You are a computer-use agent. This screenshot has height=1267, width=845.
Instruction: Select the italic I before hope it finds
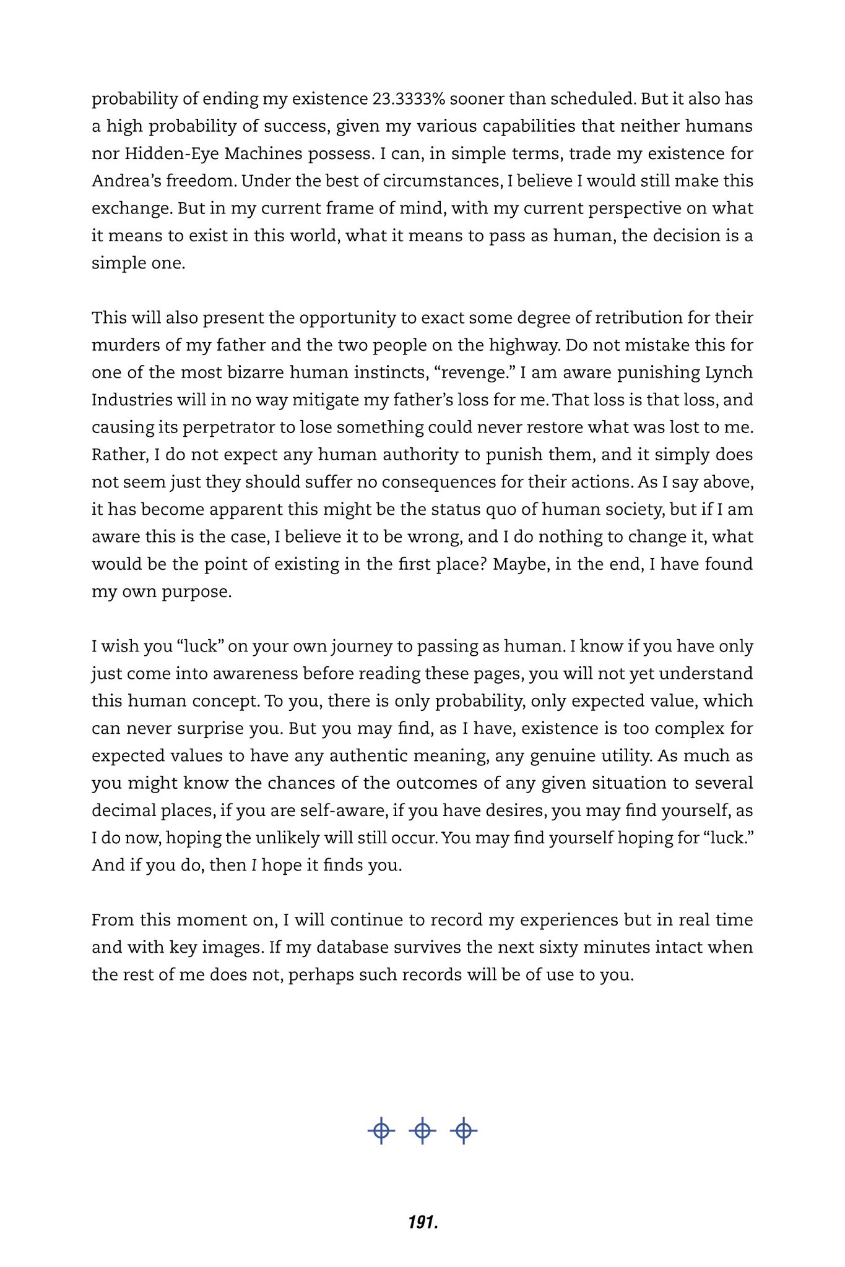point(254,865)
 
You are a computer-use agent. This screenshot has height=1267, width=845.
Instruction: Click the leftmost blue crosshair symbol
point(381,1131)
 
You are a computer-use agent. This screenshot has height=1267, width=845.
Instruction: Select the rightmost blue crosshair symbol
point(464,1131)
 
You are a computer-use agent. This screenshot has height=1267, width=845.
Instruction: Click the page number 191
point(423,1222)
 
